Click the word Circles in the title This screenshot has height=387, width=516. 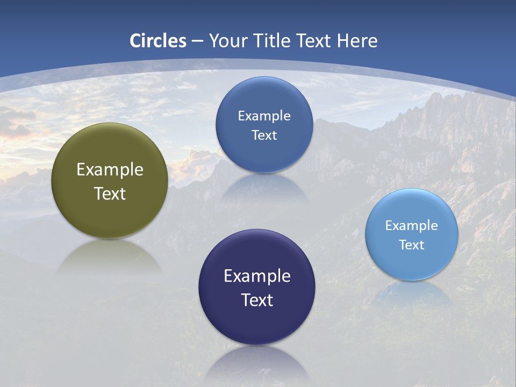tap(158, 41)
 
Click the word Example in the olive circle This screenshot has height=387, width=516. tap(110, 170)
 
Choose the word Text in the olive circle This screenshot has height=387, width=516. tap(110, 193)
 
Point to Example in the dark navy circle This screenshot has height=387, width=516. tap(257, 276)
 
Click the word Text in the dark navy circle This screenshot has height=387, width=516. tap(257, 300)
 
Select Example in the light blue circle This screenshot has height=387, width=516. tap(412, 226)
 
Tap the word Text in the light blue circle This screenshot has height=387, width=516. tap(412, 245)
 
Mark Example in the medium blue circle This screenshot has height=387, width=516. tap(264, 116)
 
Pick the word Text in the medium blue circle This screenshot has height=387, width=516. tap(264, 135)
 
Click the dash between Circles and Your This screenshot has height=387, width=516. tap(197, 41)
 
